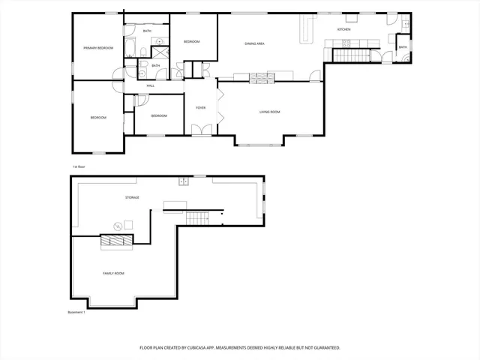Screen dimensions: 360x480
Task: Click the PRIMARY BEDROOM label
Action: [x=97, y=48]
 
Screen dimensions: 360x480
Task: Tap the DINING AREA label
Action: [x=254, y=44]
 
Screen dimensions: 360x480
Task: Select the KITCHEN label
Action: [x=343, y=29]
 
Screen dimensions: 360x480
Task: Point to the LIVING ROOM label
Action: [x=269, y=112]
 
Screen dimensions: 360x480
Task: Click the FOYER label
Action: [x=201, y=108]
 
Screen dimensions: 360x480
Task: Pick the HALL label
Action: [x=151, y=86]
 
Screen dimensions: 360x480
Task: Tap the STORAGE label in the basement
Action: [x=132, y=197]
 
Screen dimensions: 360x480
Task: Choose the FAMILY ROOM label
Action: [x=113, y=274]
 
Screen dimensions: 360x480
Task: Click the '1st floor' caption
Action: [x=79, y=166]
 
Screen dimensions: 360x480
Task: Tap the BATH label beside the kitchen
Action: [x=403, y=47]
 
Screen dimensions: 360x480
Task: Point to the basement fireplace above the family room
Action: [x=116, y=240]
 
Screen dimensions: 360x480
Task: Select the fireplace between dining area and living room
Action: [x=262, y=76]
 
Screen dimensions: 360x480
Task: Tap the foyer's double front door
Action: [x=200, y=130]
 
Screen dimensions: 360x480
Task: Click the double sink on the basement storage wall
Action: [x=183, y=181]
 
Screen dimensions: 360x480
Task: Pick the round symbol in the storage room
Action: [x=117, y=226]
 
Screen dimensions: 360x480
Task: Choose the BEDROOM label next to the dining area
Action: [x=191, y=42]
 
